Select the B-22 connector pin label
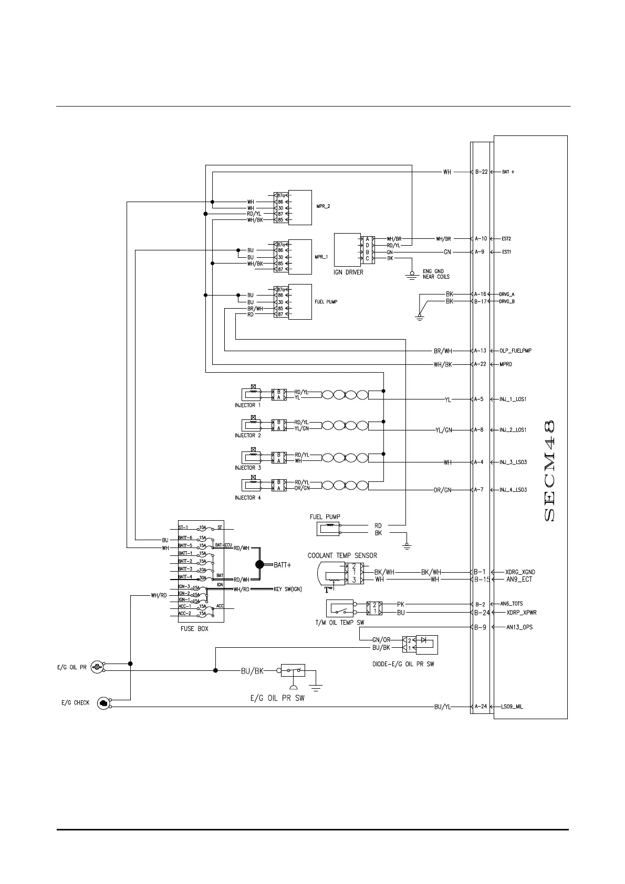[x=481, y=172]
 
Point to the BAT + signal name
[x=508, y=172]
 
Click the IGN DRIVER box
[x=347, y=250]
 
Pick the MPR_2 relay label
[x=323, y=206]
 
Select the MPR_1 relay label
[x=321, y=257]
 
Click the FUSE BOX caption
[x=194, y=628]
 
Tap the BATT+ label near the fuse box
[x=282, y=565]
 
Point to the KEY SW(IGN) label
[x=288, y=589]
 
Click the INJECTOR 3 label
[x=248, y=468]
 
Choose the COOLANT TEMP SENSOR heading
[x=342, y=555]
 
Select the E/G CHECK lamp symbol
[x=103, y=703]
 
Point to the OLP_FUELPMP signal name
[x=516, y=351]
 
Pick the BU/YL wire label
[x=442, y=707]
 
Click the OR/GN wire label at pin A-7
[x=442, y=490]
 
